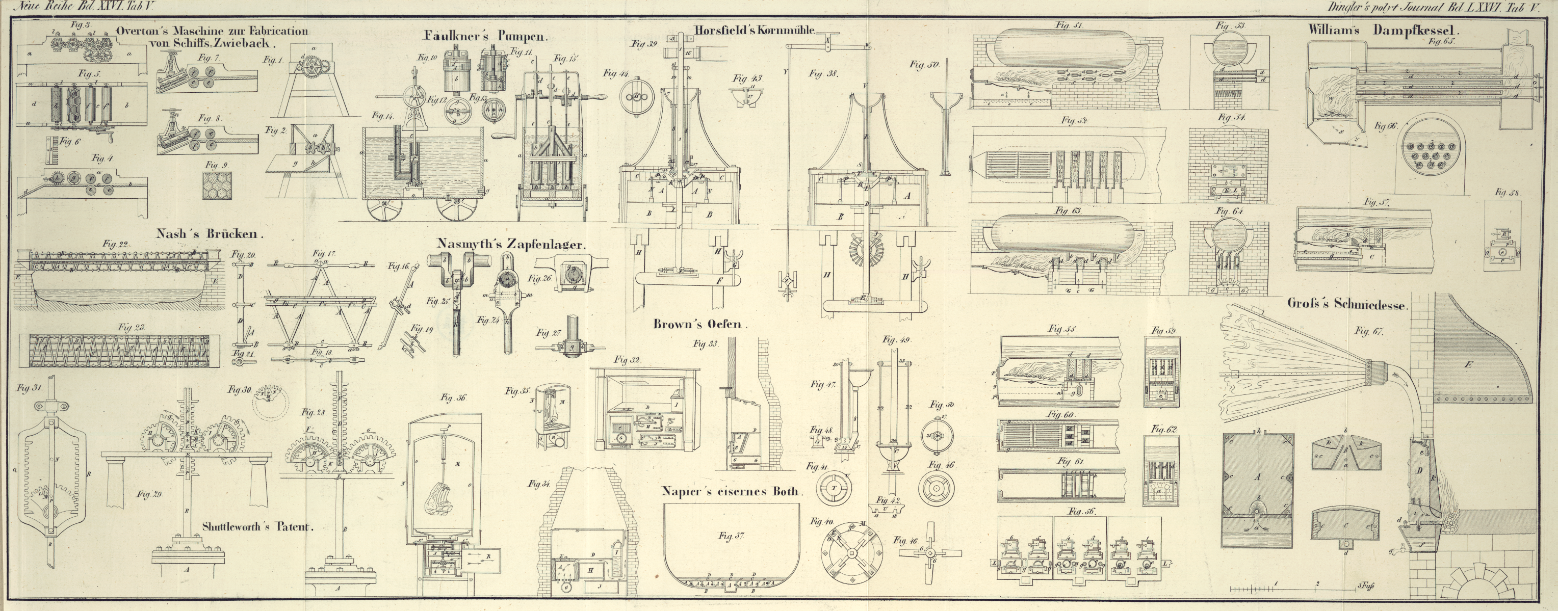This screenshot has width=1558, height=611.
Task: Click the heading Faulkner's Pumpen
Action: pyautogui.click(x=486, y=36)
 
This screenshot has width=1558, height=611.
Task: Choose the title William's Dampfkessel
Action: pyautogui.click(x=1383, y=29)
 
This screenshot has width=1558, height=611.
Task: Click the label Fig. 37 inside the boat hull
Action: pyautogui.click(x=734, y=536)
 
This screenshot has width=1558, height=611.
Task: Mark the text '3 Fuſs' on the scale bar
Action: pyautogui.click(x=1364, y=585)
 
